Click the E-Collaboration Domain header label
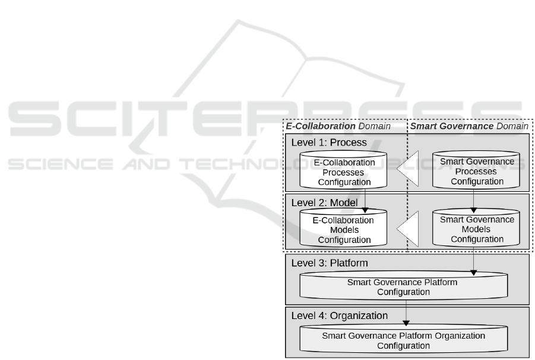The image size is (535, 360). click(x=338, y=127)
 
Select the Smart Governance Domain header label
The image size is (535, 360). click(x=469, y=127)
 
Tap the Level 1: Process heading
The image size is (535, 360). click(x=329, y=143)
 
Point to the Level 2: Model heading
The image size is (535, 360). click(x=324, y=203)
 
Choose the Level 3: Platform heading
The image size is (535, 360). click(x=330, y=263)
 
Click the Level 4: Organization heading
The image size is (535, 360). click(x=340, y=315)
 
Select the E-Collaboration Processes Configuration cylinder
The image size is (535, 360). click(x=343, y=169)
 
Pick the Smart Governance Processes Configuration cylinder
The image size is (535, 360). click(x=476, y=169)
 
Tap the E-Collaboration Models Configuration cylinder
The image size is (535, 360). click(x=343, y=228)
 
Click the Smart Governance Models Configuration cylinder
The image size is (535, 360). click(x=476, y=228)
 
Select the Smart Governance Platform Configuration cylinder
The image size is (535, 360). click(x=404, y=285)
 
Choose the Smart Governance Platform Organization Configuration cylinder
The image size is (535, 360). click(x=404, y=339)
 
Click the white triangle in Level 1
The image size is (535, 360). click(x=408, y=169)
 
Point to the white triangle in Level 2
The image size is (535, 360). click(x=408, y=229)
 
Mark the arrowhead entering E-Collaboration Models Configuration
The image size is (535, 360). click(x=365, y=210)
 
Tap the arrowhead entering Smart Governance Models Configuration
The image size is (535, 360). click(x=473, y=210)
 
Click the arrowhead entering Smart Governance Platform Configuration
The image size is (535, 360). click(x=473, y=273)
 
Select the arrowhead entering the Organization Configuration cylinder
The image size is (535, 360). click(x=406, y=323)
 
